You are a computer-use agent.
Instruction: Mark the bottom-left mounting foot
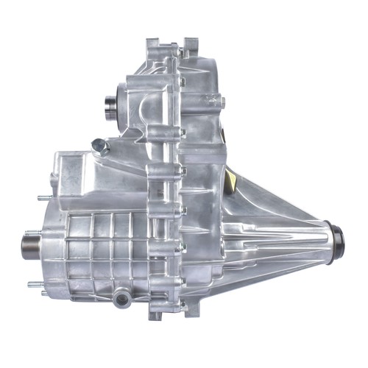click(x=155, y=312)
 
